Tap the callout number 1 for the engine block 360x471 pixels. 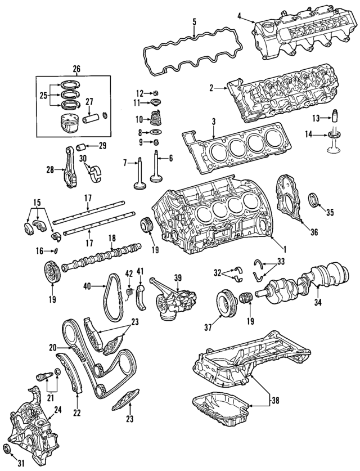coord(285,249)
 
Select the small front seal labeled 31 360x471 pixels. coord(8,447)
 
